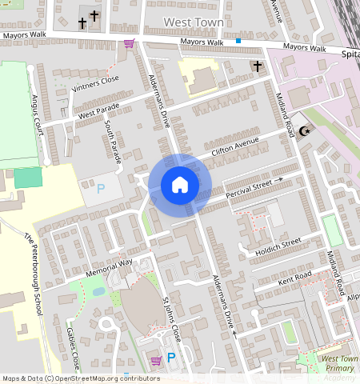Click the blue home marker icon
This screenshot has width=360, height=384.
coord(180,185)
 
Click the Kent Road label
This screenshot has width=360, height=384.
coord(295,278)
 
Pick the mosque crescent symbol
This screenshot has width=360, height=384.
coord(303,132)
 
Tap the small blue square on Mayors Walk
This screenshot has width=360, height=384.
coord(238,39)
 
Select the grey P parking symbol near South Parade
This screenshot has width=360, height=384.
coord(100,189)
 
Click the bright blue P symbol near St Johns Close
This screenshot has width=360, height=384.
coord(170,359)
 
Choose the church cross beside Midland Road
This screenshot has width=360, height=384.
coord(256,66)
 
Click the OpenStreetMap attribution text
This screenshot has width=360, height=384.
coord(81,378)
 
